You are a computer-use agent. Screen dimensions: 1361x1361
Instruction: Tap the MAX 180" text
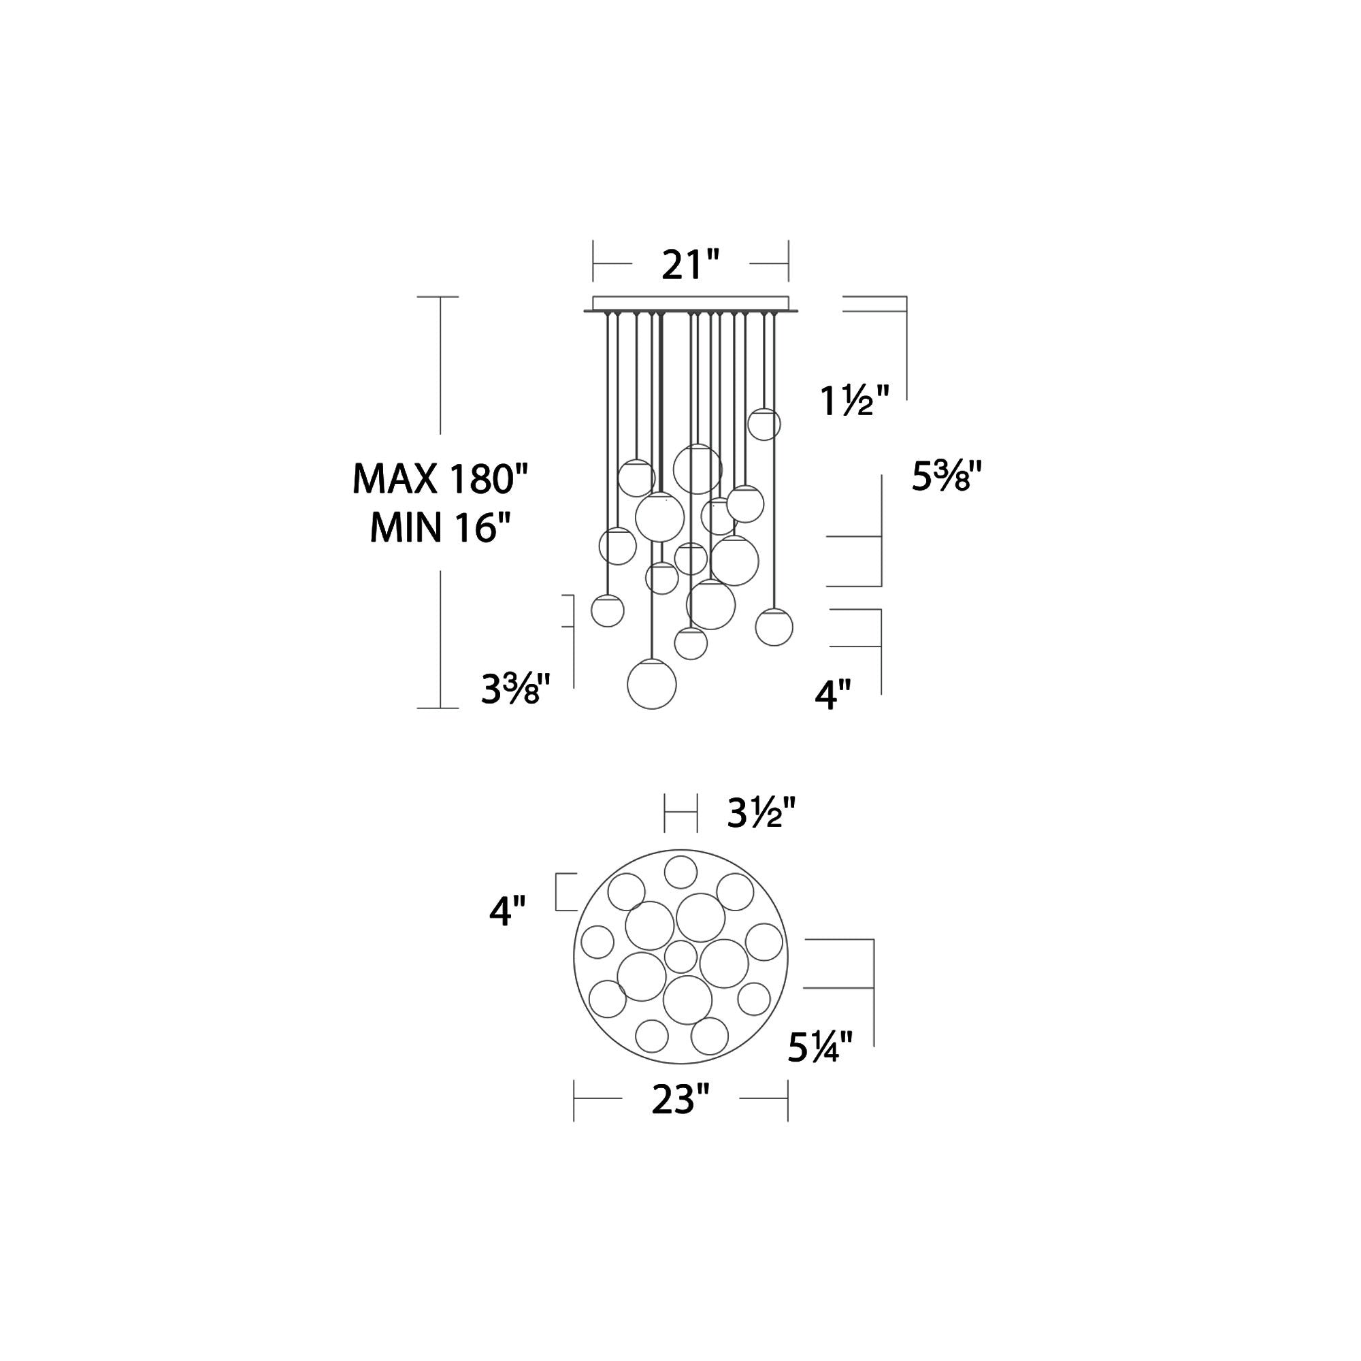pos(440,479)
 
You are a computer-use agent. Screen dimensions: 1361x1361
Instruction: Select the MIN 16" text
pos(440,527)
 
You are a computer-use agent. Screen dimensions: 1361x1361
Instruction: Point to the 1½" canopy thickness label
pos(855,401)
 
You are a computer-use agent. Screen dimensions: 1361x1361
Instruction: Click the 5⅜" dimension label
pos(946,476)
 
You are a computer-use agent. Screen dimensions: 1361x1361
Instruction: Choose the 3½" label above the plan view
pos(761,815)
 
